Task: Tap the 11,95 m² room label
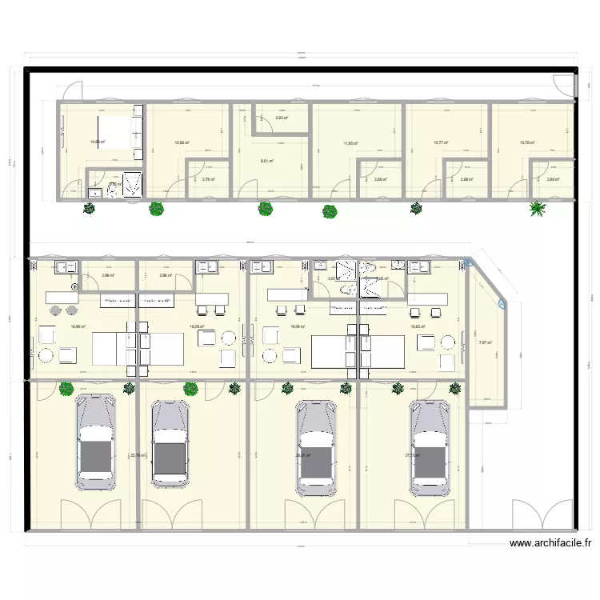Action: pos(350,144)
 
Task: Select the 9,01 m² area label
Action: pos(267,161)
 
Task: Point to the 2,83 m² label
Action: pos(282,118)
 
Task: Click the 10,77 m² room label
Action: pos(441,143)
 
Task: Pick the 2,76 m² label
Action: pos(208,179)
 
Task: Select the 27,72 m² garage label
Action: pos(412,456)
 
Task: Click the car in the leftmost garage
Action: pos(95,441)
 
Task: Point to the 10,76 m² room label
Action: pos(527,143)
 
